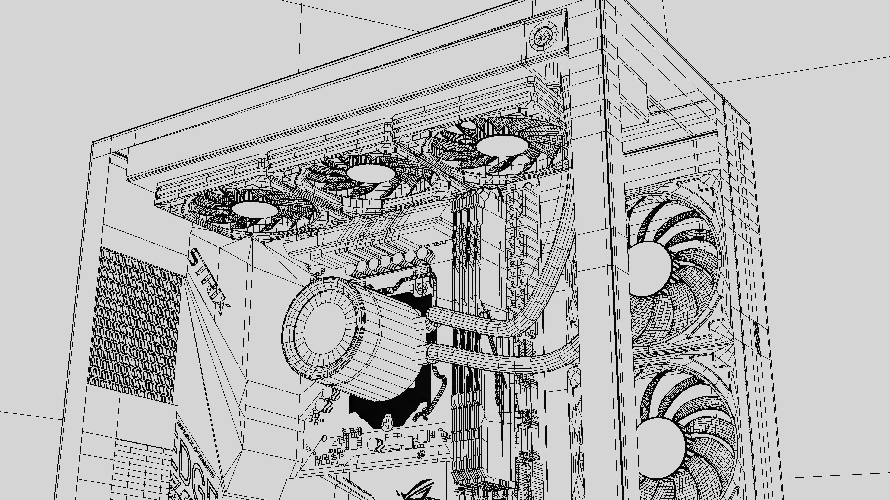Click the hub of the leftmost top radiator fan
click(255, 208)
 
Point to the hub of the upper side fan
click(649, 269)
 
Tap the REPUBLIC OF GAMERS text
click(196, 449)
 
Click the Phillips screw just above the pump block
click(422, 288)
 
